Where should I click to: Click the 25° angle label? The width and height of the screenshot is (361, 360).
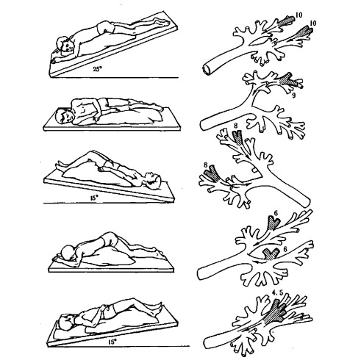97,69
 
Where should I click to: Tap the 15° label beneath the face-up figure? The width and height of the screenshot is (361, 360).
94,198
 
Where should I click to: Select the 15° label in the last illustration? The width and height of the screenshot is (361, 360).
112,342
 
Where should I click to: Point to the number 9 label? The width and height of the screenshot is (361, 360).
294,96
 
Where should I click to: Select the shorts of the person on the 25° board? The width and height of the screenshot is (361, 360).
106,27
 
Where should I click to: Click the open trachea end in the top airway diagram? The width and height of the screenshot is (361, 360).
207,69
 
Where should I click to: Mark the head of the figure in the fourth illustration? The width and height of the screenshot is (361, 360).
69,253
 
